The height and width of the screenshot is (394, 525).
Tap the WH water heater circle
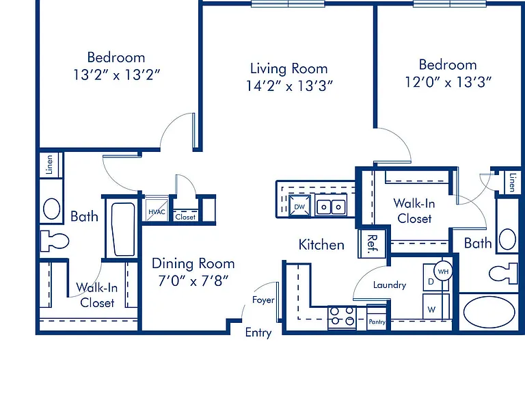pos(443,272)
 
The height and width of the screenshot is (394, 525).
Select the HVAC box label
pos(157,212)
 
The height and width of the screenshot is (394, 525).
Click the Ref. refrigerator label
pos(373,244)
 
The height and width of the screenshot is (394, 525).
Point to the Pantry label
pos(377,321)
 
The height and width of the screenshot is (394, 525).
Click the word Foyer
pos(263,300)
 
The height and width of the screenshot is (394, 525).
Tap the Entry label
pos(258,332)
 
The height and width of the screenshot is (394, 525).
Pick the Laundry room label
pos(390,285)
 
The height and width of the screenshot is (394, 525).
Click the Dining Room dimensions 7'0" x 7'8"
pos(193,280)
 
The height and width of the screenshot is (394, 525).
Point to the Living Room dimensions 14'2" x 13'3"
pos(289,86)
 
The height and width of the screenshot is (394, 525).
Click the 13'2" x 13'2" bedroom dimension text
pos(116,75)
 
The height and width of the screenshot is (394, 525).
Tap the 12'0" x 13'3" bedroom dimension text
pos(448,82)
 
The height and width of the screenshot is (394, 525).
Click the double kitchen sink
pos(331,206)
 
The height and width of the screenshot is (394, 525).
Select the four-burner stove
pos(342,316)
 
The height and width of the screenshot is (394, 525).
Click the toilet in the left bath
pos(54,241)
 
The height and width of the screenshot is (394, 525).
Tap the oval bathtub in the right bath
pos(489,312)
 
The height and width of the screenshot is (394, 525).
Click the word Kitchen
pos(321,245)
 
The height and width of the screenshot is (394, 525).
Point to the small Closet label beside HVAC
pos(185,217)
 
